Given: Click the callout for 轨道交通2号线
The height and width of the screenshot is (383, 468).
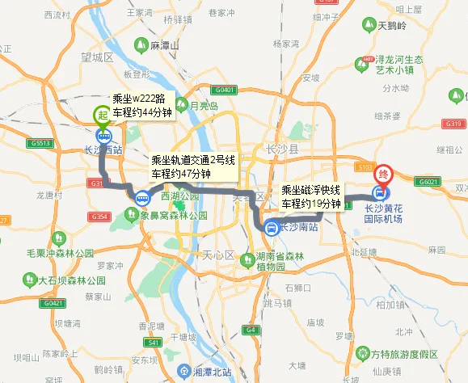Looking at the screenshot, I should (192, 166).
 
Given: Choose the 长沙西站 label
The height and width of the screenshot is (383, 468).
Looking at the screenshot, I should (103, 150).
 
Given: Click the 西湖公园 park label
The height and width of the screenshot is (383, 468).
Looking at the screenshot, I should (179, 196).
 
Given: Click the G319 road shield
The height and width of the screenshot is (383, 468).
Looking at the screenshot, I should (453, 124).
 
